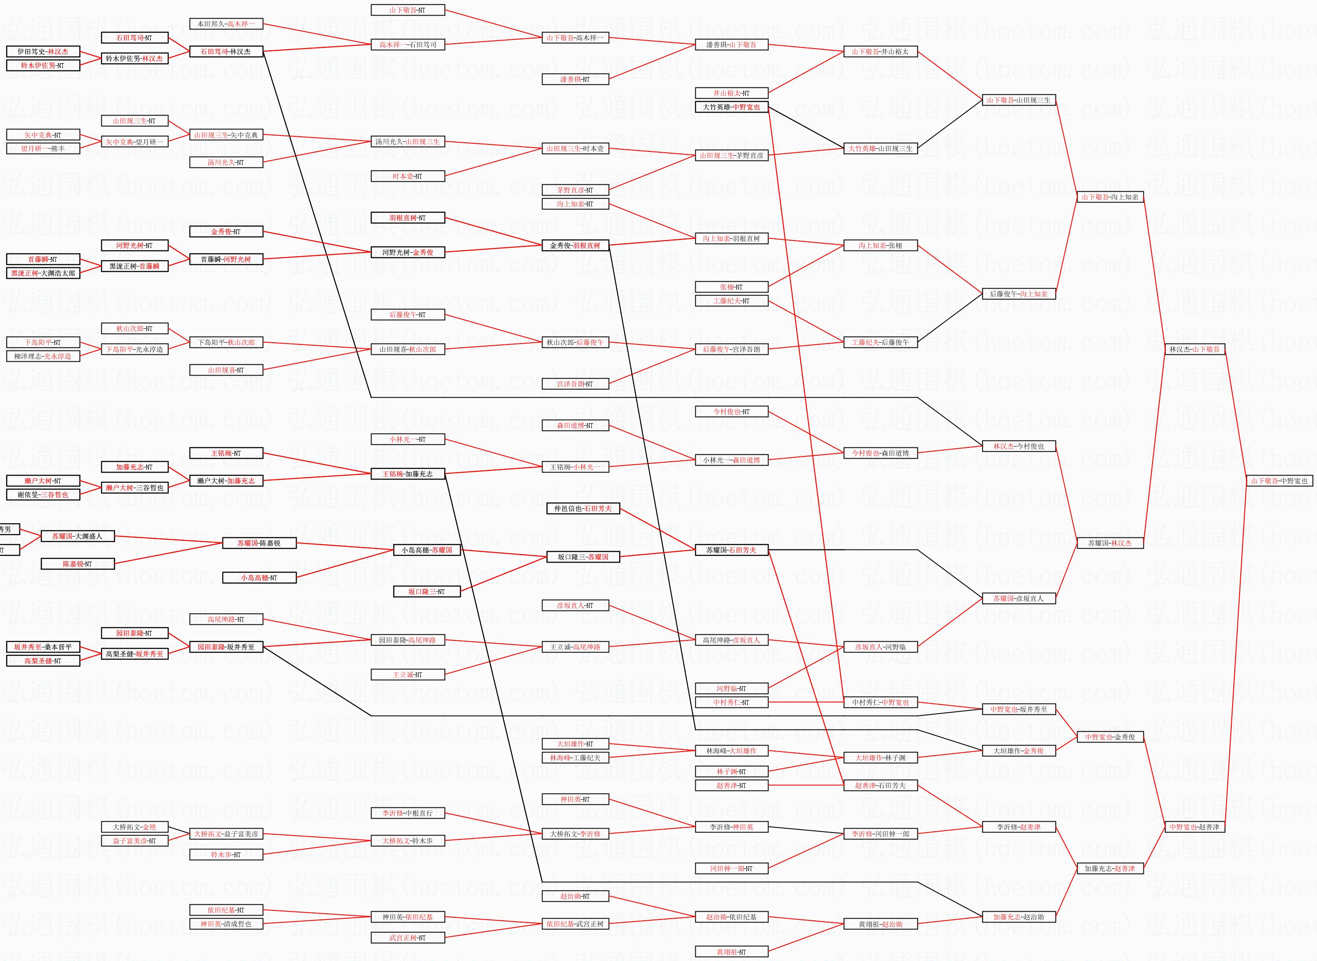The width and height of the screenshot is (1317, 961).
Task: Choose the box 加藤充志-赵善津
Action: [x=1109, y=868]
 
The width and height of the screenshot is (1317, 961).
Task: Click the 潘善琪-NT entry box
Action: [x=575, y=80]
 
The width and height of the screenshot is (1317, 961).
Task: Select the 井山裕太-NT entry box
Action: [x=732, y=93]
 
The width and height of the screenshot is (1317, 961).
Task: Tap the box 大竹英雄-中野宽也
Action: [x=732, y=107]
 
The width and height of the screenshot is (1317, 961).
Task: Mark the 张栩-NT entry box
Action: [x=732, y=287]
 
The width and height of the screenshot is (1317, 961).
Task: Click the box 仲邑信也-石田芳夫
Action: [x=583, y=509]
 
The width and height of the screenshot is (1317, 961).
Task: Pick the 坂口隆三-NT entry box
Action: [x=426, y=591]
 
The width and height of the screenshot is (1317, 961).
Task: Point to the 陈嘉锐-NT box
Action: [x=77, y=564]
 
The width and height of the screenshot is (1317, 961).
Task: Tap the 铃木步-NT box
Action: [x=226, y=855]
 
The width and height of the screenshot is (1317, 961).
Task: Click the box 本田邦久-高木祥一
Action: [x=226, y=24]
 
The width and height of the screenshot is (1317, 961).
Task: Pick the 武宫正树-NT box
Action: [x=407, y=938]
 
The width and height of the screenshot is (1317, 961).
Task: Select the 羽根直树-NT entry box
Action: [x=407, y=218]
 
